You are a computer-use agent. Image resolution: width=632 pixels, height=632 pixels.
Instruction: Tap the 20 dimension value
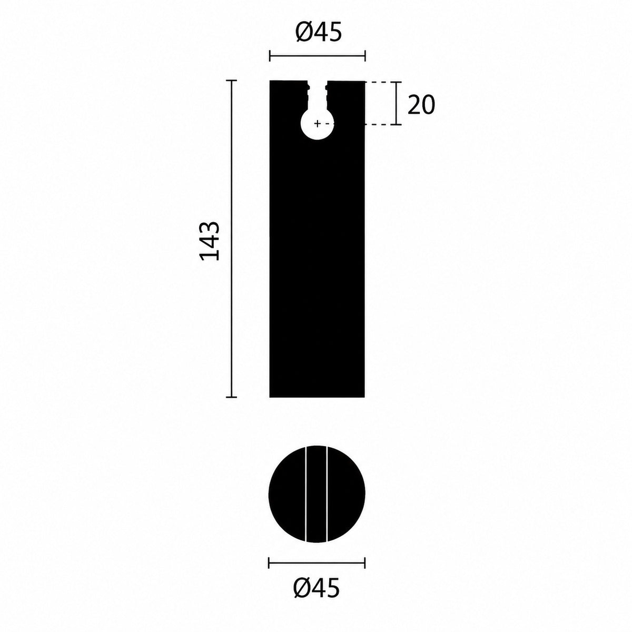421,105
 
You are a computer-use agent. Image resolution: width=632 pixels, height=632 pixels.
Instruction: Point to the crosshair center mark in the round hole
317,124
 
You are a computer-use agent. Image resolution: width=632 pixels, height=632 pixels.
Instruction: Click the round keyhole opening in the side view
317,124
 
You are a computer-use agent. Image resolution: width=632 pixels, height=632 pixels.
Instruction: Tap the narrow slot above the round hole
318,95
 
